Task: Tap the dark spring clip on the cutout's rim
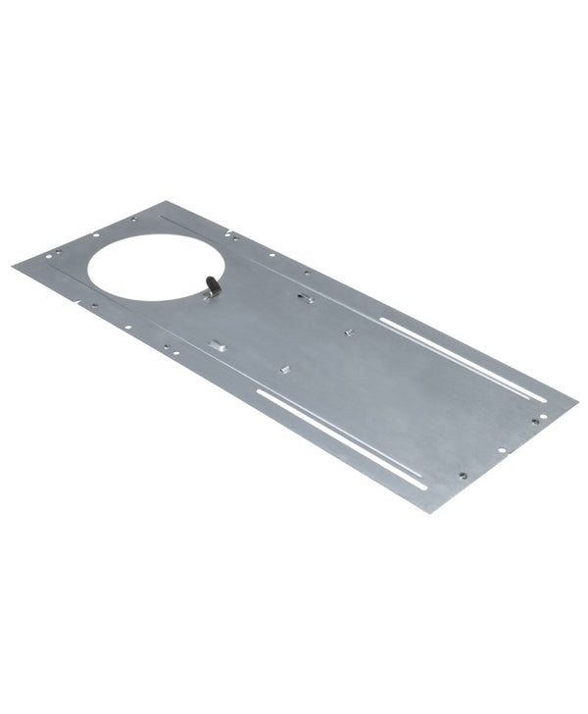(x=211, y=286)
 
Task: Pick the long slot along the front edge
(x=341, y=437)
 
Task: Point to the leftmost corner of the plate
(x=15, y=266)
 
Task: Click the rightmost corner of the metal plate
(x=576, y=400)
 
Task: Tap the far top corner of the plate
(x=162, y=203)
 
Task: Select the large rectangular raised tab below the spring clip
(x=217, y=344)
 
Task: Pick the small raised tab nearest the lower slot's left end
(x=284, y=369)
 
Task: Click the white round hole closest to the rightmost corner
(x=544, y=416)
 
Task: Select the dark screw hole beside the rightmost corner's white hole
(x=535, y=421)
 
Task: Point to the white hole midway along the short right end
(x=502, y=451)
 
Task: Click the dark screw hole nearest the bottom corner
(x=463, y=477)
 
